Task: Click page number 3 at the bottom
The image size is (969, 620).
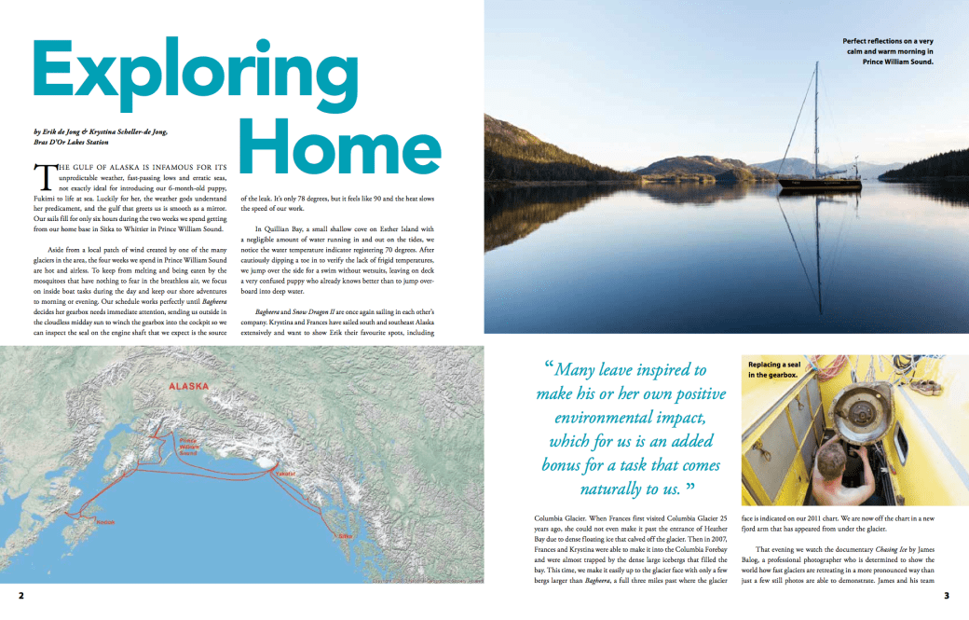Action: (946, 595)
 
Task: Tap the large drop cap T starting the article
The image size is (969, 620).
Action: (42, 178)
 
